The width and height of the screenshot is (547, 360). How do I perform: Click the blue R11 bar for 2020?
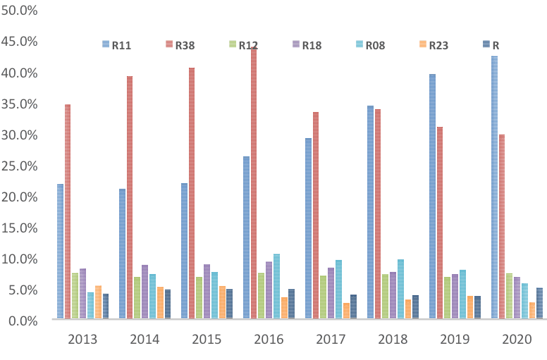(x=494, y=188)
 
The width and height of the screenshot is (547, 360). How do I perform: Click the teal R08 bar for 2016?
(x=276, y=287)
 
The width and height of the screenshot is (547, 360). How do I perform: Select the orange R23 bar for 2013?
(x=98, y=303)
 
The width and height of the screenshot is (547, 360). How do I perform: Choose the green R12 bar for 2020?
(x=509, y=297)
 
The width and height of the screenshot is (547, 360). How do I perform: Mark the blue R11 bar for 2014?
(x=123, y=254)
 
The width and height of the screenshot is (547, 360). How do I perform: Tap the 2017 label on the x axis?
(x=331, y=340)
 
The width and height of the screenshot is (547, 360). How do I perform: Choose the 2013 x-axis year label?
(x=82, y=340)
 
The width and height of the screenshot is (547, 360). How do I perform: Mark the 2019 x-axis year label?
(x=455, y=340)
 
